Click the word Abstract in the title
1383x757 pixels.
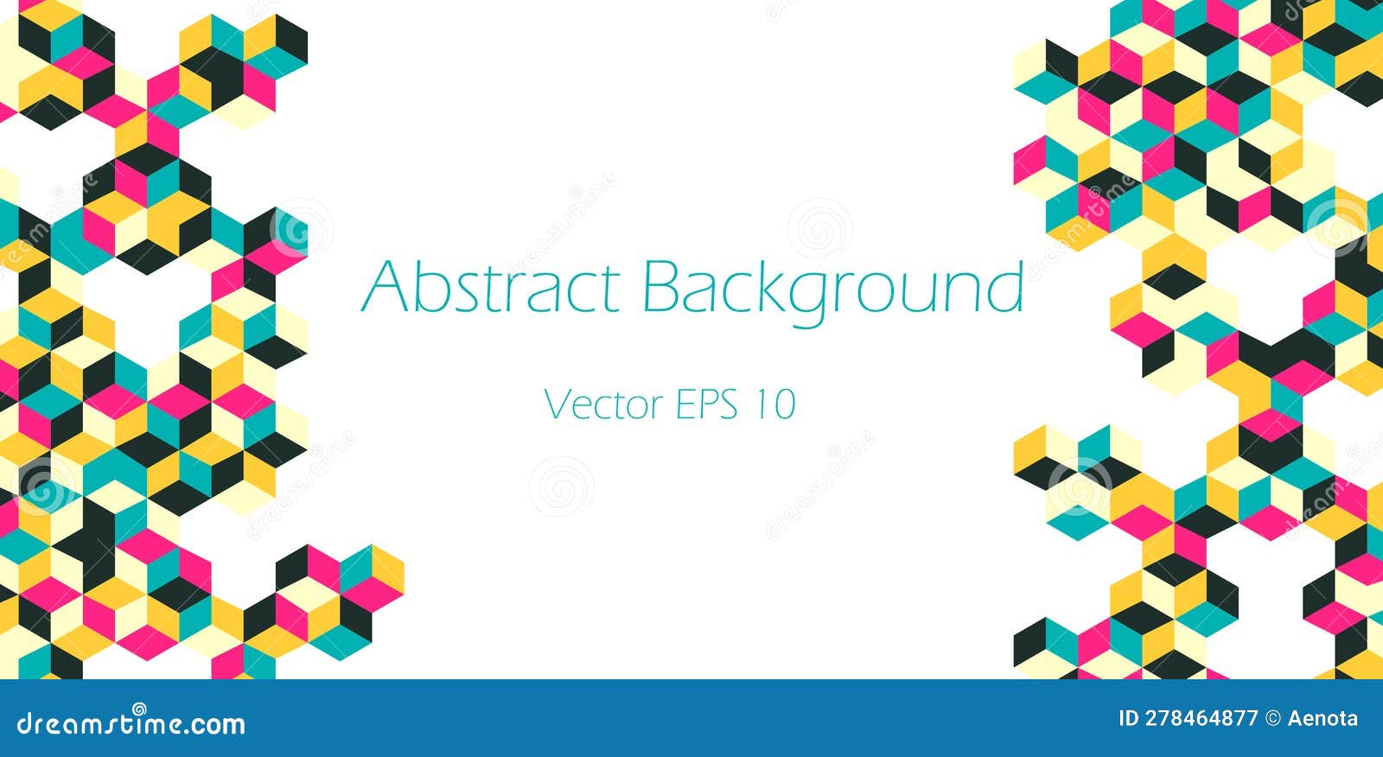pos(490,286)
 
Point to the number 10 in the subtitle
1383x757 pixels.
pos(774,404)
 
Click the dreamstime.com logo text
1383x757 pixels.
pos(131,722)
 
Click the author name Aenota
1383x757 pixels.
pos(1322,718)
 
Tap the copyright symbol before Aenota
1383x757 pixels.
pos(1272,718)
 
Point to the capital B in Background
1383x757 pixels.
pos(660,286)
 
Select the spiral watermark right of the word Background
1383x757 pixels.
pos(819,230)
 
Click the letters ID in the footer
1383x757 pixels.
pos(1128,718)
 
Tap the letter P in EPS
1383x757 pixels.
pos(707,404)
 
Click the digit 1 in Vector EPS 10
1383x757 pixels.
pos(762,404)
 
